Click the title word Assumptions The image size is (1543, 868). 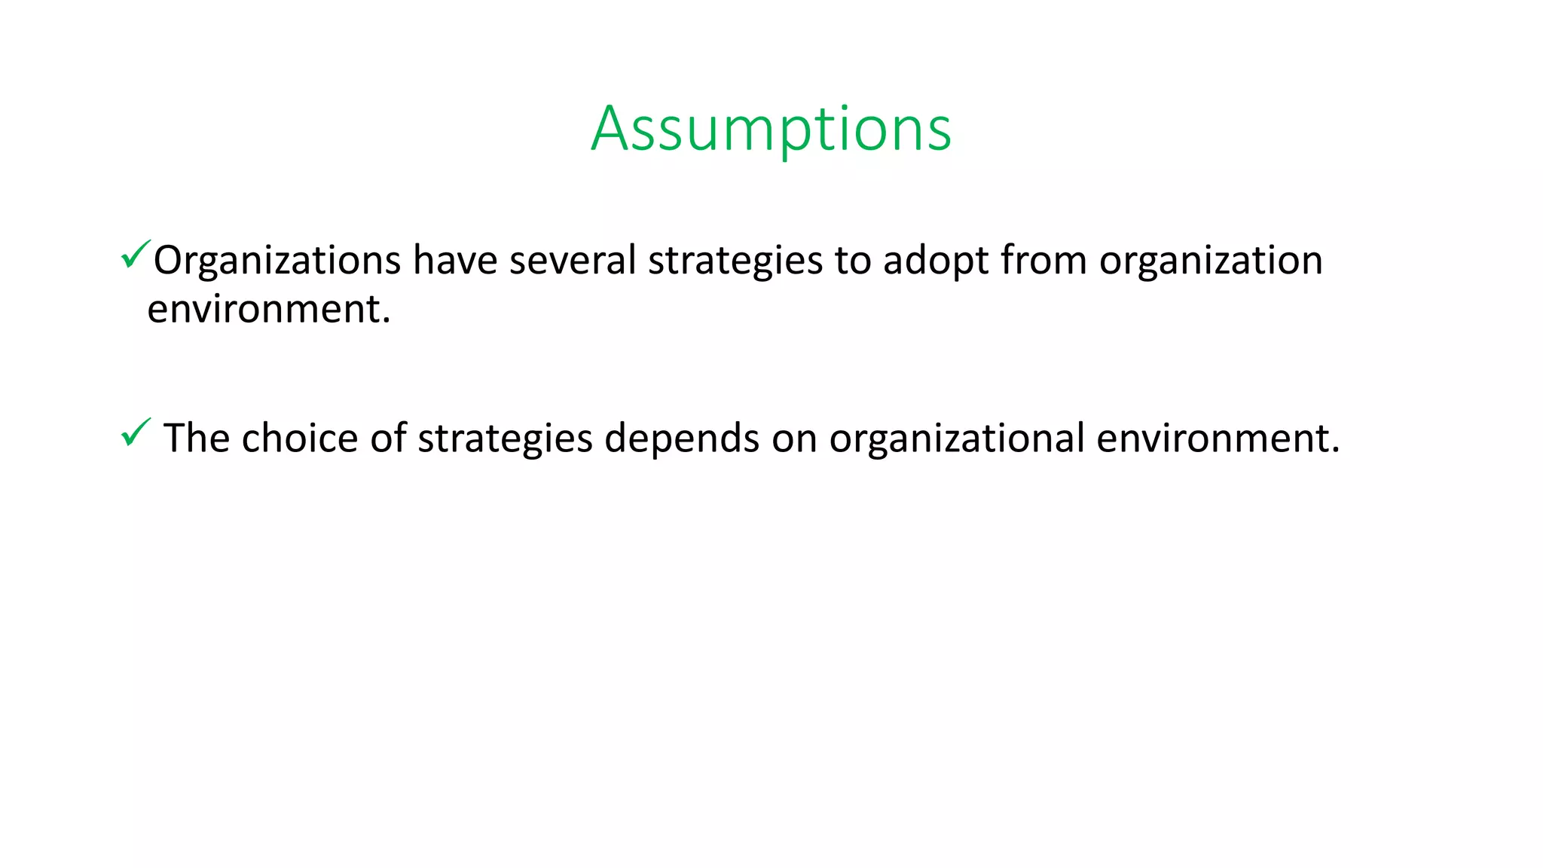771,129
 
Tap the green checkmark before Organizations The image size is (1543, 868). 135,255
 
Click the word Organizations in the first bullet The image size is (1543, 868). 277,261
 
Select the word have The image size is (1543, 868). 455,261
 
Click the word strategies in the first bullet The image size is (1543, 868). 735,261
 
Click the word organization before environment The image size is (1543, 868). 1211,261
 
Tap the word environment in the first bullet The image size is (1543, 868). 269,309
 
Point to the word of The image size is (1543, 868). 388,439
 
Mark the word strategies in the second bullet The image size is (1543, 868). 505,439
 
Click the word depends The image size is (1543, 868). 681,439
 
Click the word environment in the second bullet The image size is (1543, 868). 1218,439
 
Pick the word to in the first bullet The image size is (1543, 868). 852,261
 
